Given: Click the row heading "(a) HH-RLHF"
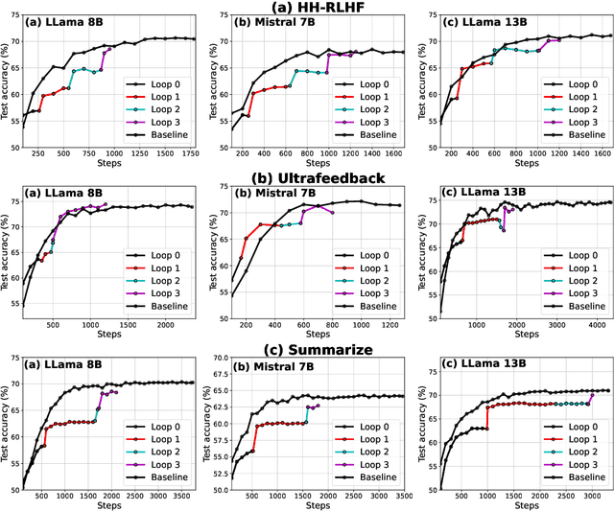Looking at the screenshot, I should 306,7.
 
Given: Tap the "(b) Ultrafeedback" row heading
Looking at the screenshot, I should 306,177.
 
